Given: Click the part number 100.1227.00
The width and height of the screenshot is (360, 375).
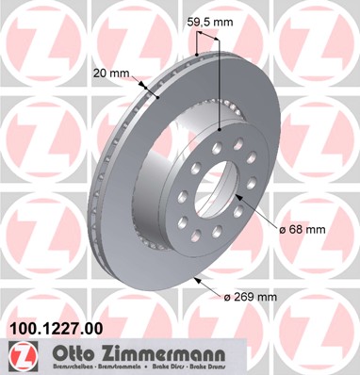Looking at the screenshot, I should [x=57, y=329].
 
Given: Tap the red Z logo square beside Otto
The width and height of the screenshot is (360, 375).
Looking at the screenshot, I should [x=18, y=355].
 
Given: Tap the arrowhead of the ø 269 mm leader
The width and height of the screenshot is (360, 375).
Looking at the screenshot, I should [x=194, y=279].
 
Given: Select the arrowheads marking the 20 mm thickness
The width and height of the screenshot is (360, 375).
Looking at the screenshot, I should [x=152, y=90].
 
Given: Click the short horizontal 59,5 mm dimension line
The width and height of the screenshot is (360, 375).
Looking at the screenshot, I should [x=208, y=34].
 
